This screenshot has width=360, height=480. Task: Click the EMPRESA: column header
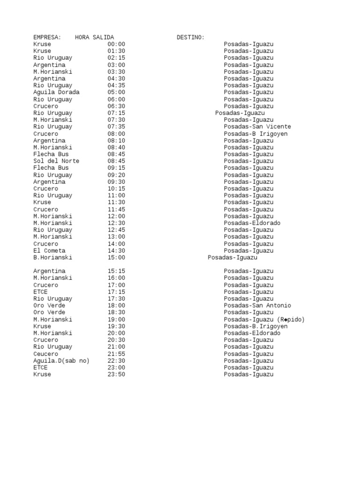(x=47, y=37)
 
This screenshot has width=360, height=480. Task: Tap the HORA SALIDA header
(x=94, y=37)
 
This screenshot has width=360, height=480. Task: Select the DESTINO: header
(x=190, y=37)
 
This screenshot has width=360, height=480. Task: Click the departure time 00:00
(x=116, y=44)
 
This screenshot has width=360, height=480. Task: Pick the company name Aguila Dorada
(x=56, y=92)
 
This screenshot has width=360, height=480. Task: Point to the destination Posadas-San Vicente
(x=257, y=127)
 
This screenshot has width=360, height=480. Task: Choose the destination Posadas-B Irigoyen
(x=255, y=134)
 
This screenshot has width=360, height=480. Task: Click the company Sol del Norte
(x=56, y=161)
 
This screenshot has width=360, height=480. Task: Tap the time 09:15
(x=116, y=168)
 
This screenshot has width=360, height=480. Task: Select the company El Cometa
(x=49, y=251)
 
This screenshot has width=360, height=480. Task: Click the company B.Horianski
(x=52, y=257)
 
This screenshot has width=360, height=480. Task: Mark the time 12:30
(x=116, y=223)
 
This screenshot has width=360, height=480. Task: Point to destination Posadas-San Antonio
(x=257, y=306)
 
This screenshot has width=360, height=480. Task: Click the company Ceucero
(x=46, y=354)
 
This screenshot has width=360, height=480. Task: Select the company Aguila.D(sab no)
(x=61, y=360)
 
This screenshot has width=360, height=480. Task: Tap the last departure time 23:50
(x=116, y=375)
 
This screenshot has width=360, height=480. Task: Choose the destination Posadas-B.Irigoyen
(x=255, y=326)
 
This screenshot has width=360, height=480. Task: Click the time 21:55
(x=116, y=354)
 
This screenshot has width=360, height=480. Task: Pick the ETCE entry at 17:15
(x=40, y=292)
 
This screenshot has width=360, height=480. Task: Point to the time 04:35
(x=116, y=85)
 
